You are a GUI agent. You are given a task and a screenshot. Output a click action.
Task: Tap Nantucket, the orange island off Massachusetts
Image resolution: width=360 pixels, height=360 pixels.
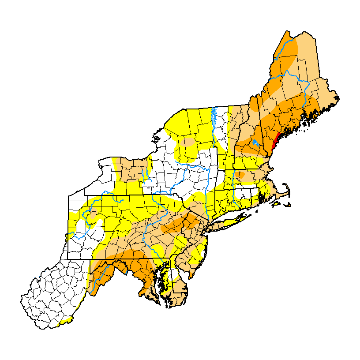click(x=289, y=205)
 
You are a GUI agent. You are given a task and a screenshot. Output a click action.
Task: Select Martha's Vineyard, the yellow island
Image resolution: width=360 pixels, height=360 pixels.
click(x=277, y=203)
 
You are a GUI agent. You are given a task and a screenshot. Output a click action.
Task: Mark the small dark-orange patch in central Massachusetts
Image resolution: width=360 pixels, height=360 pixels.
click(x=240, y=174)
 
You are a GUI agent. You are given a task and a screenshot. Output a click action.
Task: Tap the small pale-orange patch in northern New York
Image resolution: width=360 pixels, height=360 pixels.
click(x=188, y=142)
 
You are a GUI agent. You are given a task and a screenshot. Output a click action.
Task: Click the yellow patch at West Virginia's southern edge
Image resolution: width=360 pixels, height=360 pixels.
click(x=66, y=320)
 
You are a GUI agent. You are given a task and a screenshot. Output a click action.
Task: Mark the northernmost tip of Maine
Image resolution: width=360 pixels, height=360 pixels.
click(x=287, y=32)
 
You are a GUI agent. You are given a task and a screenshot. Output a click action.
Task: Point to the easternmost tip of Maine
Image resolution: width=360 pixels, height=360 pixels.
click(x=338, y=97)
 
